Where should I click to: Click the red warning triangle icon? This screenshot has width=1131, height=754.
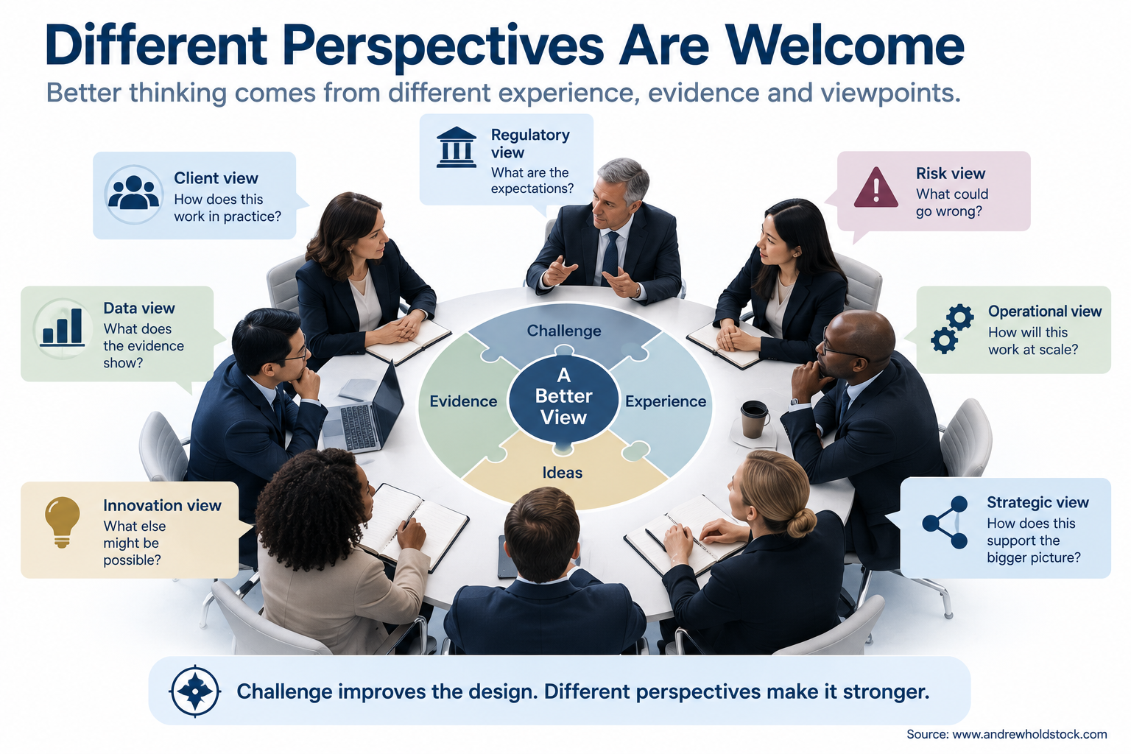click(875, 188)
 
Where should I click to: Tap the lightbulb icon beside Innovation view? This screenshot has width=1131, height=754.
click(62, 522)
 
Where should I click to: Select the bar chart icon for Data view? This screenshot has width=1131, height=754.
click(63, 328)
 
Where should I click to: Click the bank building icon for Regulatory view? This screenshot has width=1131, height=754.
click(456, 147)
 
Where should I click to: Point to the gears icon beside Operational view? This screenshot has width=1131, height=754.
click(952, 328)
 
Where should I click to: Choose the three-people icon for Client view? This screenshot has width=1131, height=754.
click(133, 193)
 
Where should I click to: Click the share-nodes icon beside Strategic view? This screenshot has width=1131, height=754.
click(945, 522)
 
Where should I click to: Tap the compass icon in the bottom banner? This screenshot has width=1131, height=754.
click(195, 691)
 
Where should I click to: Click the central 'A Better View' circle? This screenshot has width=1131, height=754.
click(563, 397)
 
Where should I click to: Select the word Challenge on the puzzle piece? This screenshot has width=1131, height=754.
click(564, 331)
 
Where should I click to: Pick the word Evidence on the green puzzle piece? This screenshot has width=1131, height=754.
click(463, 401)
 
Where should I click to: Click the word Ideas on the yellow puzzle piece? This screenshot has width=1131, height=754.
click(563, 473)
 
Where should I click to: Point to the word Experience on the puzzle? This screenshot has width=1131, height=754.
click(666, 401)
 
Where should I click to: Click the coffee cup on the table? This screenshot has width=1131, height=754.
click(755, 419)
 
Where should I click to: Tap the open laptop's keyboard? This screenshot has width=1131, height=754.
click(359, 427)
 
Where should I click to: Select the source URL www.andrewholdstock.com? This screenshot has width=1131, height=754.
click(1029, 734)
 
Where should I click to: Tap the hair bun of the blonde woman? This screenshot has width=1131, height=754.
click(801, 522)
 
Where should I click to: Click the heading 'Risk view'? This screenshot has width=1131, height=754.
click(951, 173)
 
